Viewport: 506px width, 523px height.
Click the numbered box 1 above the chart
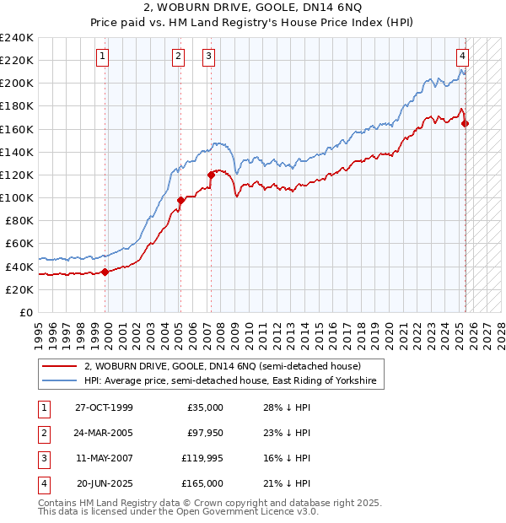(x=102, y=57)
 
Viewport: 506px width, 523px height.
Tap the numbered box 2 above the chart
(x=179, y=57)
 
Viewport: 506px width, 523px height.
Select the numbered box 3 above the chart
(x=208, y=57)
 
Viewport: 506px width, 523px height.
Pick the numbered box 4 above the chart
(x=463, y=57)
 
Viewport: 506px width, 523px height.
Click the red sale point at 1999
(x=105, y=272)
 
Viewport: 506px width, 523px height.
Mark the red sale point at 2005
(x=180, y=200)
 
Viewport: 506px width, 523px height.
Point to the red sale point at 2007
(x=211, y=175)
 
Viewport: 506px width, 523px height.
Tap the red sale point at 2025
(x=466, y=124)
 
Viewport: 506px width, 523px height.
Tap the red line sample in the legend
(x=59, y=366)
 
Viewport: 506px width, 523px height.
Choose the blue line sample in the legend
(x=59, y=381)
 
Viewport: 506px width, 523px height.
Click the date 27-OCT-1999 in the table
(x=104, y=407)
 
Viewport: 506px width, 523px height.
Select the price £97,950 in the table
(x=203, y=433)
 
